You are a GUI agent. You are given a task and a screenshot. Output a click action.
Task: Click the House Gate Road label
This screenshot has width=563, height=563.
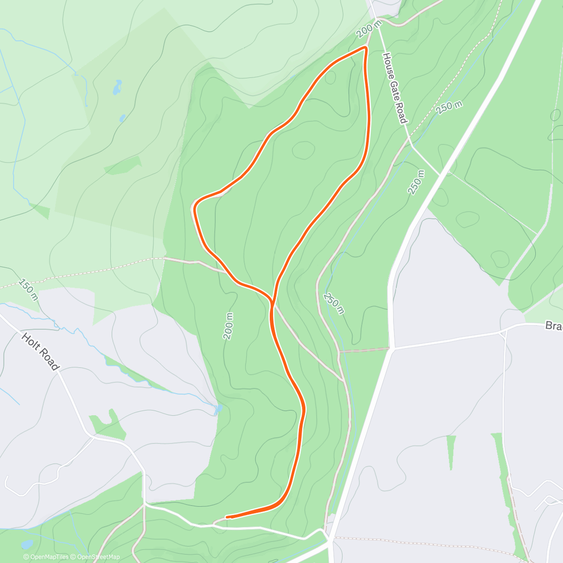tap(394, 88)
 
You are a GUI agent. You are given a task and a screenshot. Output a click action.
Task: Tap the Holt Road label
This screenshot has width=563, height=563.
tap(41, 352)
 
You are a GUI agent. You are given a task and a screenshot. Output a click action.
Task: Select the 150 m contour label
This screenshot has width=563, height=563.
tap(28, 289)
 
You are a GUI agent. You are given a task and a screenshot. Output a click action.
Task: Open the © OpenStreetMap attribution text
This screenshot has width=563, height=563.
tap(95, 557)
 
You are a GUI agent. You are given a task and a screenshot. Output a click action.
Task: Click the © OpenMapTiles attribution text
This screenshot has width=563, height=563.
tap(46, 557)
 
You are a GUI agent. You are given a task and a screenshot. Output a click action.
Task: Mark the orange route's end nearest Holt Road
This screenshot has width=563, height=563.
tap(227, 517)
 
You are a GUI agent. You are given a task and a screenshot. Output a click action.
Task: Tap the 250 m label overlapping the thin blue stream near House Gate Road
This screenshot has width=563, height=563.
tap(449, 107)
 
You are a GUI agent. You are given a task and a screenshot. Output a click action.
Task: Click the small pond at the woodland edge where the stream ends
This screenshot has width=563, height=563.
tap(218, 410)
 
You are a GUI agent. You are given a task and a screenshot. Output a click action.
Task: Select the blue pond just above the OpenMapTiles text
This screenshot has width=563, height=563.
tap(26, 544)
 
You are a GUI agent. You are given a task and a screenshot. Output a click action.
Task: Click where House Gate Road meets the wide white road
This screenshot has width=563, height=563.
tap(440, 175)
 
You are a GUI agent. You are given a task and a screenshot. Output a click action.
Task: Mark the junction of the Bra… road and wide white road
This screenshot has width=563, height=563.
tap(393, 348)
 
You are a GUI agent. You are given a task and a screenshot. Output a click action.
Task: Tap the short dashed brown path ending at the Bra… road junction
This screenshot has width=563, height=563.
tap(364, 350)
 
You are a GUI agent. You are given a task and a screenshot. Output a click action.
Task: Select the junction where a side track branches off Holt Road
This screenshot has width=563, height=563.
tap(92, 437)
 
